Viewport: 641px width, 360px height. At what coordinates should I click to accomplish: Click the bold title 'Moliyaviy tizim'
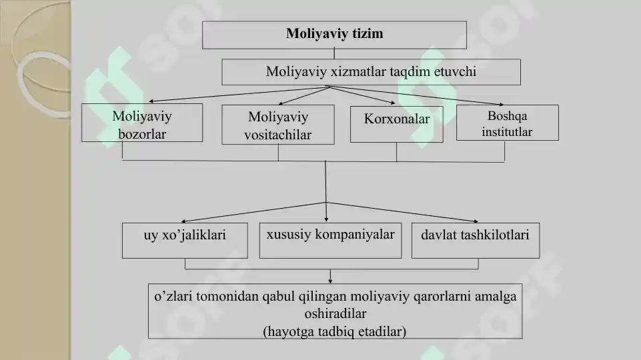(x=334, y=33)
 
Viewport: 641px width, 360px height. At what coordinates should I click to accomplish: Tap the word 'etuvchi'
(x=455, y=71)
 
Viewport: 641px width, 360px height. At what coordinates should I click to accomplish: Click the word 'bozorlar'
(x=142, y=134)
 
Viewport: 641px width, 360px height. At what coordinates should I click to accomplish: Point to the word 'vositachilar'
(x=278, y=135)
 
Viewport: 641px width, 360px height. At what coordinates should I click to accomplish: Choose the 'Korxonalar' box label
(x=396, y=119)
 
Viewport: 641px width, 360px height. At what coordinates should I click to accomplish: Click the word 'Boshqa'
(x=508, y=116)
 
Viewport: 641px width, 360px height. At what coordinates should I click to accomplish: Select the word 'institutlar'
(x=507, y=132)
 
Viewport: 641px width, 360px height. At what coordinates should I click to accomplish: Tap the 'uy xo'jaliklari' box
(x=185, y=240)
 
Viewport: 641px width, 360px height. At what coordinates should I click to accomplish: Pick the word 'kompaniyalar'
(x=355, y=235)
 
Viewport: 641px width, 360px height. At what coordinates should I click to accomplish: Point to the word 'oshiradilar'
(x=336, y=313)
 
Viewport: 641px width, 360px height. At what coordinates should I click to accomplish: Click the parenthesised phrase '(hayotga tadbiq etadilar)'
(x=335, y=331)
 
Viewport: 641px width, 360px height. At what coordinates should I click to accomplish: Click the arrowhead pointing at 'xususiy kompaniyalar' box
(x=326, y=220)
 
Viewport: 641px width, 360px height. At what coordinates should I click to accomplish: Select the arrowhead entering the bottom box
(x=330, y=281)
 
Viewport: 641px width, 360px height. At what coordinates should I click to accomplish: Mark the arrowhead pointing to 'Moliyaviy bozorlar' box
(x=151, y=101)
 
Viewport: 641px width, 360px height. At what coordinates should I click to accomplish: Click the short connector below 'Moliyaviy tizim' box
(x=334, y=54)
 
